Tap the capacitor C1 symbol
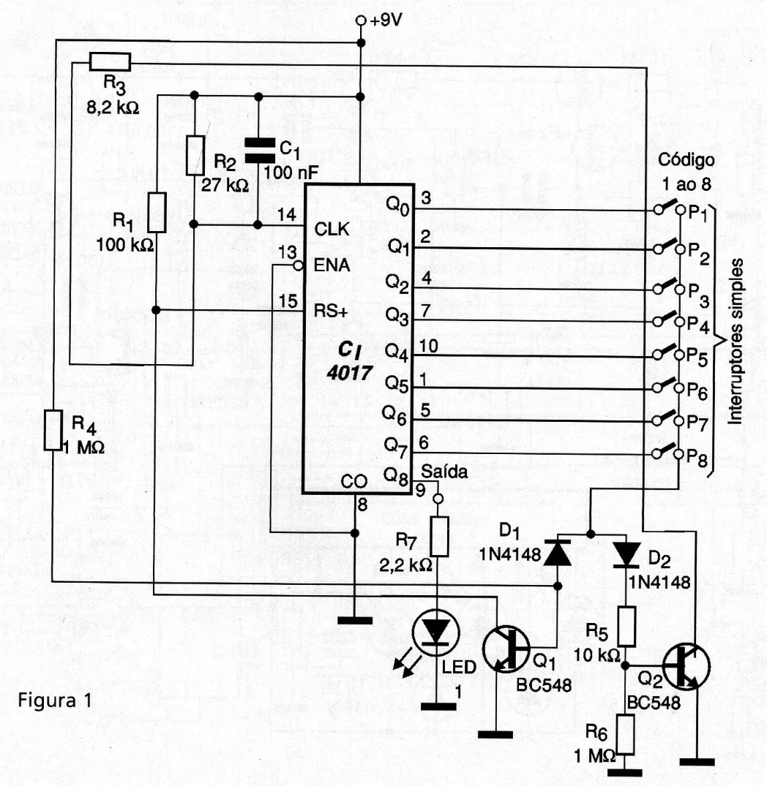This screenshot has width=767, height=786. (258, 149)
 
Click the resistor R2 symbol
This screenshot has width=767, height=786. (194, 154)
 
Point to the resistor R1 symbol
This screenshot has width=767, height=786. (156, 212)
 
